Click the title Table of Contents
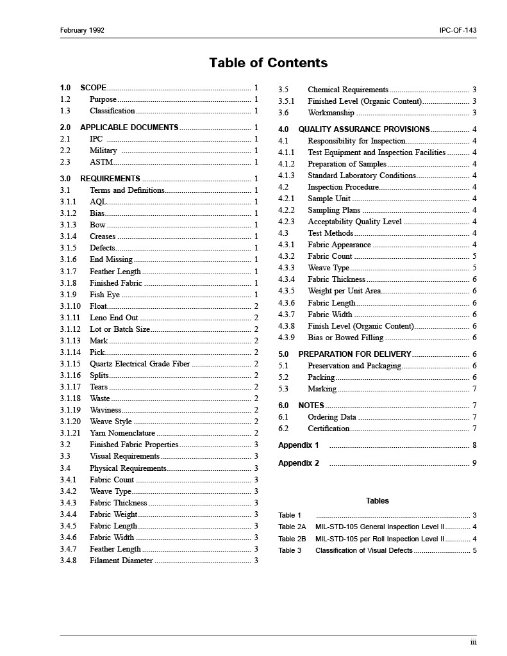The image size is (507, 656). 268,63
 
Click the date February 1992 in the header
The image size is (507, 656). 82,30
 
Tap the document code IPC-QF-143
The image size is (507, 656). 458,30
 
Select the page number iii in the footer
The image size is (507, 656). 473,643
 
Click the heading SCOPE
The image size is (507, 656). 94,88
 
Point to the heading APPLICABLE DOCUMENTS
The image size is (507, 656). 129,127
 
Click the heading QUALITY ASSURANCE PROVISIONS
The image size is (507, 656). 363,129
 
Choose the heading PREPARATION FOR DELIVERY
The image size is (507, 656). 354,354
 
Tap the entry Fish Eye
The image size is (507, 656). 104,295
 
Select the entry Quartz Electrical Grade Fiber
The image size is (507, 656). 140,364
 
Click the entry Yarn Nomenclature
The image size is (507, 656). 122,433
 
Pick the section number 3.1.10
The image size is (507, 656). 71,306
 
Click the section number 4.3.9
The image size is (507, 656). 287,338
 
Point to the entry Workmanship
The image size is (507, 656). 331,113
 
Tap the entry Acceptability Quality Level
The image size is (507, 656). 354,222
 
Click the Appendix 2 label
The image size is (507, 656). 298,463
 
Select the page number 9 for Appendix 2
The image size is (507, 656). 474,463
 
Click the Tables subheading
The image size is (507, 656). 377,501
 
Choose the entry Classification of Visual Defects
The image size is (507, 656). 364,550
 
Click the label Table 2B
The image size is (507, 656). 292,539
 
